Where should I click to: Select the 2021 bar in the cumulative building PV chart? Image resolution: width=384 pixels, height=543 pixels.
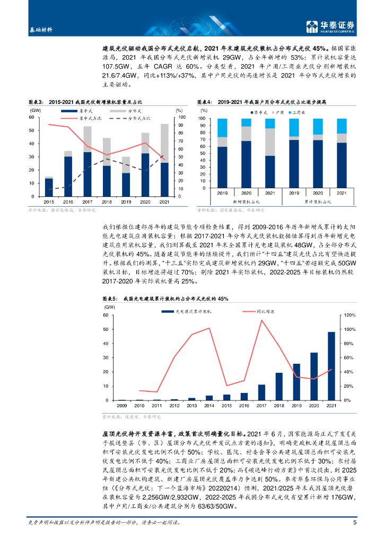click(331, 366)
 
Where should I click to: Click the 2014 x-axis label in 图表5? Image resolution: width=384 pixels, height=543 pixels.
click(209, 406)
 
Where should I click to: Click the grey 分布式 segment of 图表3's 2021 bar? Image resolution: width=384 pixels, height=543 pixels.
click(164, 143)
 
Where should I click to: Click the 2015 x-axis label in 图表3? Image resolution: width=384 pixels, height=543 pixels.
click(49, 202)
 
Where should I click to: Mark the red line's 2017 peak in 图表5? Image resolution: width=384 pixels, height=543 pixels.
click(261, 320)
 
